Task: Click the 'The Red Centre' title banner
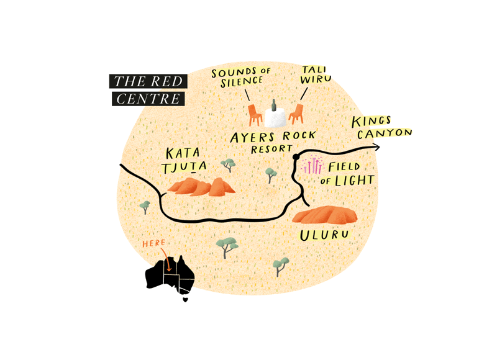pos(148,89)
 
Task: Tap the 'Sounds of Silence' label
pos(242,78)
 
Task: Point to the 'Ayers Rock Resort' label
pos(273,142)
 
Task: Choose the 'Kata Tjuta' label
pos(185,160)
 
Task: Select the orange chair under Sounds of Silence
pos(254,115)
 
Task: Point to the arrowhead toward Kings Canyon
pos(376,147)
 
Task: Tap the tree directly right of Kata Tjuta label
pos(229,165)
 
